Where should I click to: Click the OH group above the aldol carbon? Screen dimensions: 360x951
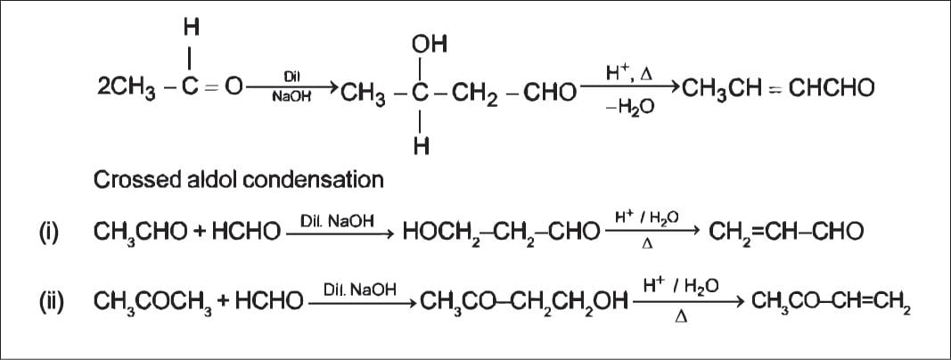(x=429, y=44)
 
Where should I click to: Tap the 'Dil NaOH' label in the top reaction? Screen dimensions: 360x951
(x=291, y=86)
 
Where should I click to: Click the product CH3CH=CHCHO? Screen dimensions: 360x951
(x=778, y=88)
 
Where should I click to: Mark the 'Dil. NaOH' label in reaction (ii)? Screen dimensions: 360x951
(x=361, y=289)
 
